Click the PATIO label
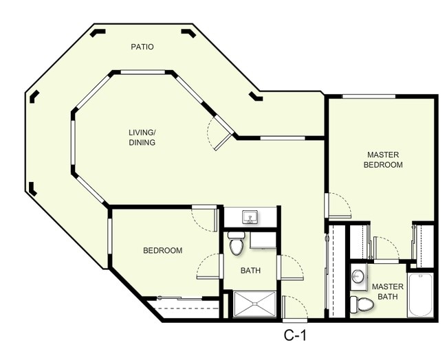142,47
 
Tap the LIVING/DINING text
142,137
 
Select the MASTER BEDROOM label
383,159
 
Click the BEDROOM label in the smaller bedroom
162,251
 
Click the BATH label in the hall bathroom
250,271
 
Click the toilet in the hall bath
236,244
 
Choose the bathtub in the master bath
420,295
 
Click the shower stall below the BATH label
254,304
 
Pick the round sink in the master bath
358,277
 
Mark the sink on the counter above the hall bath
251,217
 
